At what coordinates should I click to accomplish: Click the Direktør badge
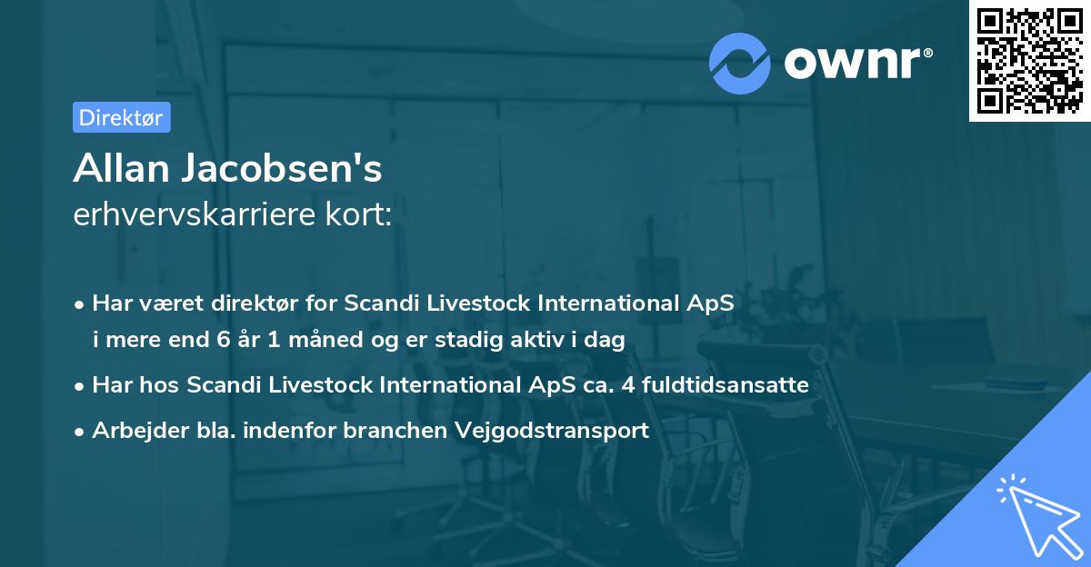(121, 117)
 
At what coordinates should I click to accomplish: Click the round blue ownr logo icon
(740, 63)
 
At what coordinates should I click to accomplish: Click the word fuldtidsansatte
(725, 385)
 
